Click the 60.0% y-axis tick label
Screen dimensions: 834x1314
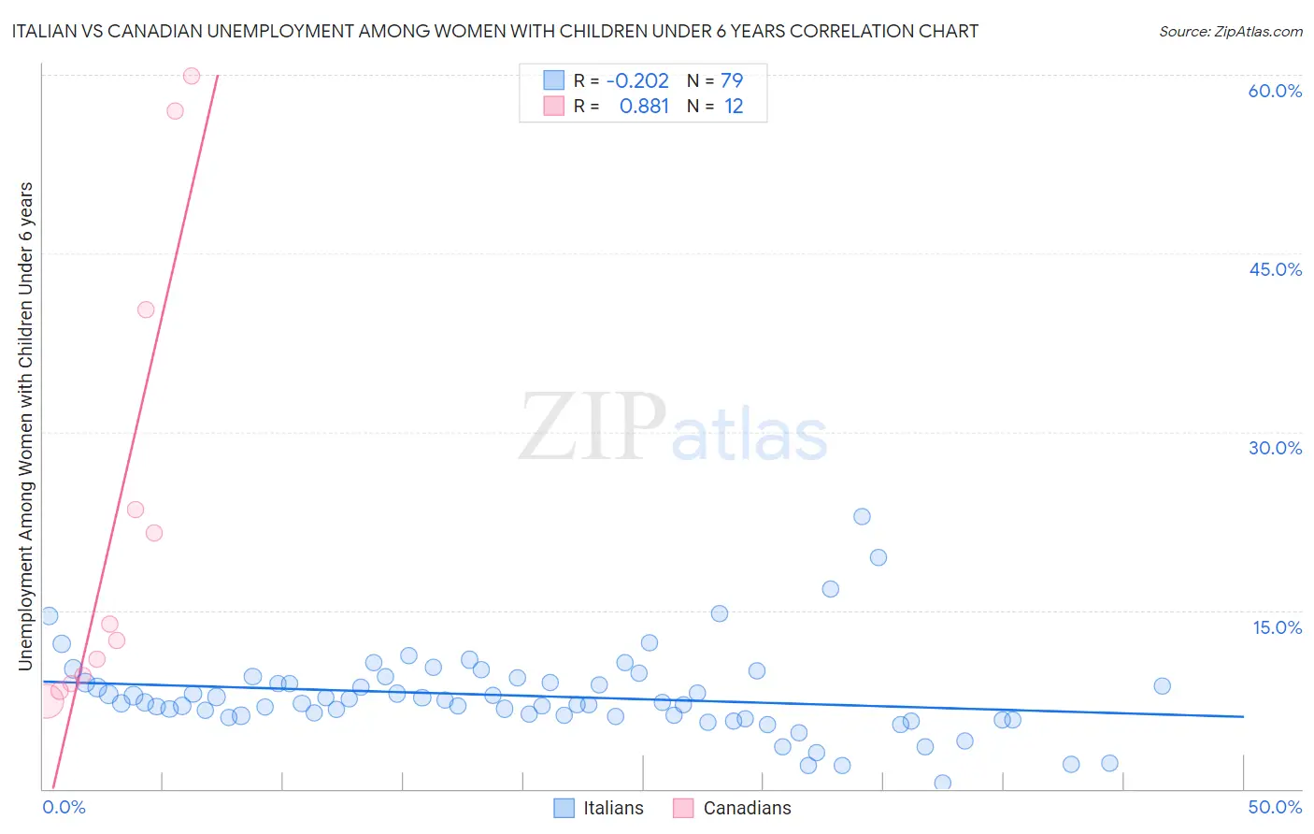[1275, 91]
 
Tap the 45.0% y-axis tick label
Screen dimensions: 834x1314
[1275, 269]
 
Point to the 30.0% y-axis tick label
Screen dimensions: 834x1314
[1275, 448]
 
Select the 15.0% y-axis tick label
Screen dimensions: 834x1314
[1277, 627]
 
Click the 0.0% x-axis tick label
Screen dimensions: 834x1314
[64, 807]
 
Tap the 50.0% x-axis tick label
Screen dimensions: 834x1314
[1275, 807]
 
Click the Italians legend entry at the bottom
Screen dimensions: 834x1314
[599, 808]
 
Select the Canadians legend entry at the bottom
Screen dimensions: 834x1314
[733, 808]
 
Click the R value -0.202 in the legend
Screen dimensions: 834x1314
[637, 81]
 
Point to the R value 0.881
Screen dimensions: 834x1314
[644, 107]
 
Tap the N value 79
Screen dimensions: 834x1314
[732, 81]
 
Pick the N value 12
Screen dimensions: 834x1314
[734, 107]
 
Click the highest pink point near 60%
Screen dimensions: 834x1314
[192, 76]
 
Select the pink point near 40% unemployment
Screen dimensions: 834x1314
[146, 309]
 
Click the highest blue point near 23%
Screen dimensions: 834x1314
[862, 516]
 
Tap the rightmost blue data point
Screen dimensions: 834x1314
[1162, 685]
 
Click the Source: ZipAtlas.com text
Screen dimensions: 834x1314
[1230, 32]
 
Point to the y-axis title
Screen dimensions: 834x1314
[26, 426]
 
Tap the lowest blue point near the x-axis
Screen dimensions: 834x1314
[942, 783]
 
